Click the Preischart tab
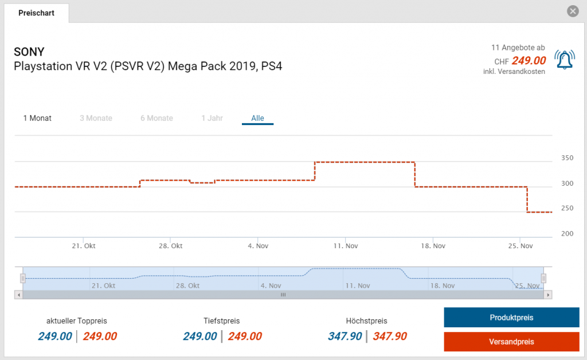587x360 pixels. pos(36,13)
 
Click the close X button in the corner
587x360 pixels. pos(572,11)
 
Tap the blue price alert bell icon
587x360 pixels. pos(565,60)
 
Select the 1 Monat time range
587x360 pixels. pos(37,118)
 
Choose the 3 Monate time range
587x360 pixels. pos(96,118)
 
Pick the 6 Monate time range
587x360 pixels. pos(156,118)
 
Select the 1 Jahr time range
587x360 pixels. pos(212,118)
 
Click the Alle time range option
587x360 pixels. pos(257,118)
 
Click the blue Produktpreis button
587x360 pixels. pos(511,318)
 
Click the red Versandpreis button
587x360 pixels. pos(511,342)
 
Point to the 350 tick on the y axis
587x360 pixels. pos(566,158)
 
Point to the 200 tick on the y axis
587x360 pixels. pos(566,233)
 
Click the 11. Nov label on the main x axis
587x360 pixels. pos(345,246)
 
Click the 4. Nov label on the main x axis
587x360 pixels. pos(258,246)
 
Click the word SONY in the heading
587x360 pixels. pos(29,52)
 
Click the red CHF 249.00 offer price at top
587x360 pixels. pos(528,60)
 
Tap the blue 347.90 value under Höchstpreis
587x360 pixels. pos(345,336)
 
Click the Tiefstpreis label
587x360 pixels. pos(221,321)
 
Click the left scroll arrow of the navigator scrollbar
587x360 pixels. pos(18,295)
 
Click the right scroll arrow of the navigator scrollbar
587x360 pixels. pos(548,295)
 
